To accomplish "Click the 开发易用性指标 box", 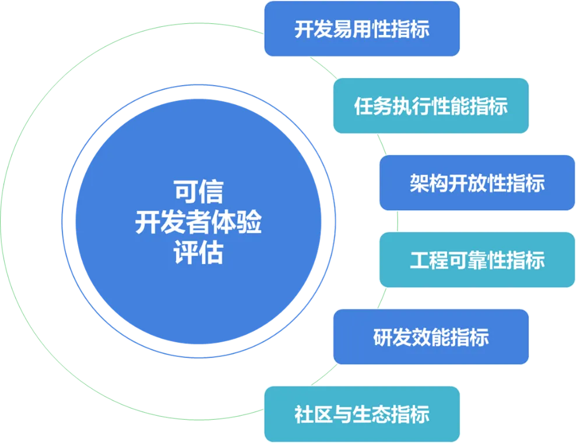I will click(362, 29).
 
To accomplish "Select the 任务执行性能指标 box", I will click(431, 106).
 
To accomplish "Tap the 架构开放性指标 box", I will click(477, 183).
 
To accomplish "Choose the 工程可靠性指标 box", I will click(477, 260).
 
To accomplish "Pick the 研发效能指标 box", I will click(431, 336).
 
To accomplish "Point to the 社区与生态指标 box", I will click(362, 414).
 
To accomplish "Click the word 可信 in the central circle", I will click(198, 191).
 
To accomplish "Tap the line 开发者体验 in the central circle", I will click(198, 222).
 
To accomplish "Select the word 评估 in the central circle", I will click(198, 254).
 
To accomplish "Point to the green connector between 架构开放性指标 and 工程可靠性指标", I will click(398, 221).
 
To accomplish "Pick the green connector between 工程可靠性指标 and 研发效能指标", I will click(381, 298).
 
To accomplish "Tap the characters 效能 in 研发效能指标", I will click(431, 336).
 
